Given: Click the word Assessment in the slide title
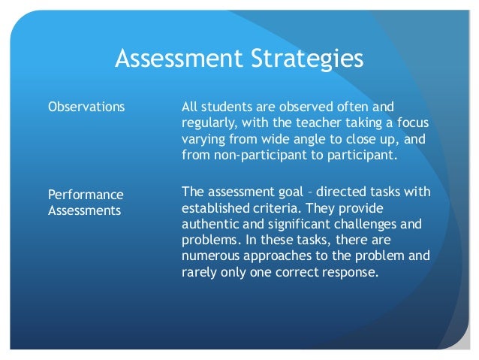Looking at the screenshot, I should pos(172,59).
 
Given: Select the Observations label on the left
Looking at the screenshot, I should pos(86,107).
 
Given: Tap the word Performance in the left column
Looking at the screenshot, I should pos(86,195).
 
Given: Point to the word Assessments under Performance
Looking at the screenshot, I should pos(84,211).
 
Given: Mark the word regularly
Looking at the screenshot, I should pos(209,123).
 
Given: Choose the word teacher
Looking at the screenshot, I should pos(309,123).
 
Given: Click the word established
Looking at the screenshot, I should pos(214,209).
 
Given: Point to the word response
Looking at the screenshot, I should pos(348,273).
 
